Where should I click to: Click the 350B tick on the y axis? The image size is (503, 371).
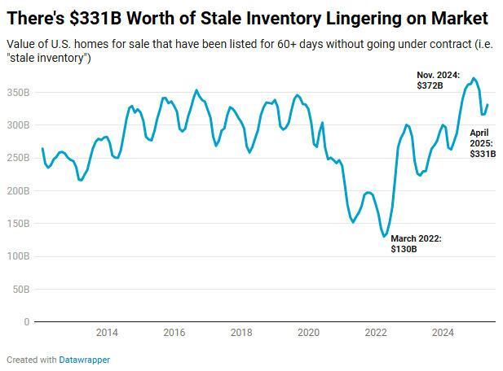[x=18, y=93]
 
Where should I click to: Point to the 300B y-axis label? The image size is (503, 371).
[x=18, y=125]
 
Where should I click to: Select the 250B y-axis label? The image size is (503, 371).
[x=18, y=158]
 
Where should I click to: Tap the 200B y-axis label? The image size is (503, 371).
[x=18, y=191]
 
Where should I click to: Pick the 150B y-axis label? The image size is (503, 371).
[x=18, y=224]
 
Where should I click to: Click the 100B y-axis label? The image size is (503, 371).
[x=18, y=256]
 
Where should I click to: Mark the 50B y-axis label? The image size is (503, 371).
[x=20, y=289]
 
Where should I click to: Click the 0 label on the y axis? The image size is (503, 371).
[x=26, y=322]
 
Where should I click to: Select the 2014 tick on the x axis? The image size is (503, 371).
[x=107, y=332]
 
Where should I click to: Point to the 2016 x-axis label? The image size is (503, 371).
[x=174, y=332]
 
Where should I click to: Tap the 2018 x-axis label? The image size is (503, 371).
[x=241, y=332]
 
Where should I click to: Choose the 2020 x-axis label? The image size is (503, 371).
[x=308, y=332]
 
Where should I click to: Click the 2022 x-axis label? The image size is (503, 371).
[x=376, y=332]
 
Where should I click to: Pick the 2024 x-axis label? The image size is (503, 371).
[x=443, y=332]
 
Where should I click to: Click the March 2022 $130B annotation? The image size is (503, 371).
[x=416, y=243]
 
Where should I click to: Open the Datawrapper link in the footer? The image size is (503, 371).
[x=84, y=360]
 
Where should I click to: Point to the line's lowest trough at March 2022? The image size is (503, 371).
[x=385, y=236]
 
